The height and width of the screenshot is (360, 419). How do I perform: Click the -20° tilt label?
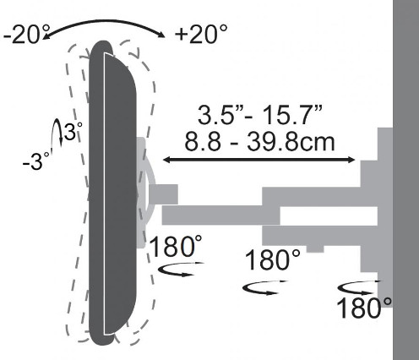point(26,35)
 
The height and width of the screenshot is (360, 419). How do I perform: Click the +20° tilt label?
point(201,35)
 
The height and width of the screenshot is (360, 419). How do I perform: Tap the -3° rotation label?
point(35,161)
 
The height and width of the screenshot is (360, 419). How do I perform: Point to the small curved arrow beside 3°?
point(57,132)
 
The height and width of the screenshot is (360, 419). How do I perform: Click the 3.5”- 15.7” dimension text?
point(259,115)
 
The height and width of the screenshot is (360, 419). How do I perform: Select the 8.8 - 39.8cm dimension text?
point(259,141)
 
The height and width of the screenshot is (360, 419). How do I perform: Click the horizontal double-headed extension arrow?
point(259,160)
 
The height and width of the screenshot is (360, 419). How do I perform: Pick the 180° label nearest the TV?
point(176,246)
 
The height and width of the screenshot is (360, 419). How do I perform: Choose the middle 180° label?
point(273,259)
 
